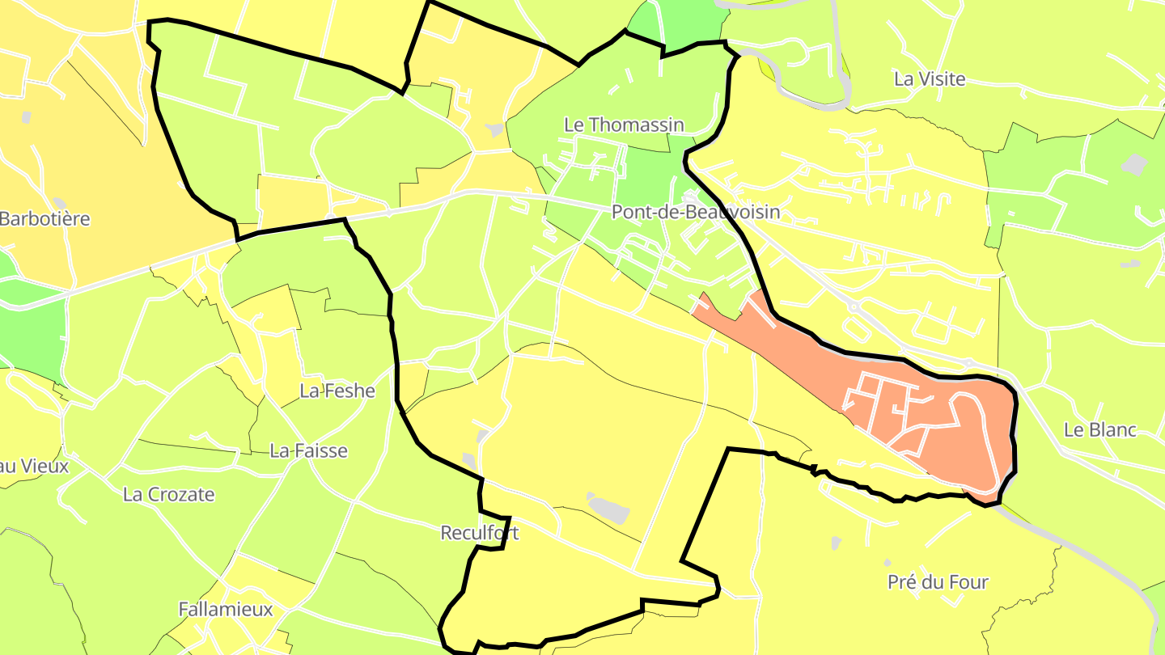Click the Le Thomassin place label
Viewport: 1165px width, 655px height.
624,125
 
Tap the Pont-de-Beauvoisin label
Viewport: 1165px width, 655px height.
696,212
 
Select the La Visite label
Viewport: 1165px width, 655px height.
930,79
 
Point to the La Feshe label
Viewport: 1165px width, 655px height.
337,391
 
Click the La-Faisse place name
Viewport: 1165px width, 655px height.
308,450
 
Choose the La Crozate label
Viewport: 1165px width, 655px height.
168,494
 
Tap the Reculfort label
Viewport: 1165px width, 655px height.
479,533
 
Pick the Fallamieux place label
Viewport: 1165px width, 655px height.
226,609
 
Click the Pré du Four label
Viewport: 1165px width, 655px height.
938,581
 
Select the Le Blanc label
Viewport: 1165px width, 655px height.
1099,429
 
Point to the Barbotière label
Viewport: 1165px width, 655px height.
44,218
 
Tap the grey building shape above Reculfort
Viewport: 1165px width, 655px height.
608,507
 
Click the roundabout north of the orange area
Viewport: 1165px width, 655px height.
854,308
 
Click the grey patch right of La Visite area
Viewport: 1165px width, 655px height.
1134,165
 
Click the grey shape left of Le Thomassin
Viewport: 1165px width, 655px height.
494,129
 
